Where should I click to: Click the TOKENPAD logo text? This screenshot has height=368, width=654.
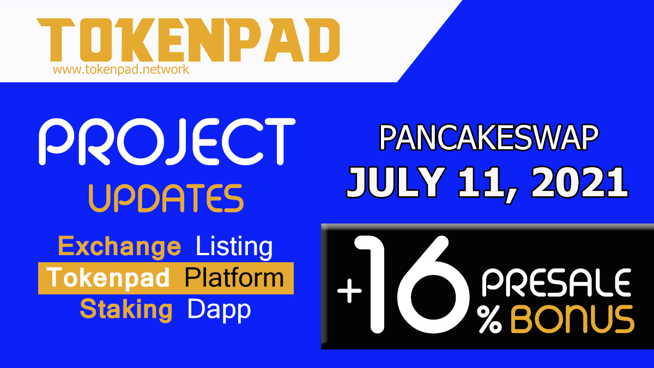(189, 40)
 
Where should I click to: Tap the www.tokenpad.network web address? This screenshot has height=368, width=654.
(121, 70)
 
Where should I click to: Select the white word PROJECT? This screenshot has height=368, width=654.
(167, 142)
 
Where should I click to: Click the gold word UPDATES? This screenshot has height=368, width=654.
(166, 198)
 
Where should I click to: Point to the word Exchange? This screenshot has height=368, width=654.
(119, 248)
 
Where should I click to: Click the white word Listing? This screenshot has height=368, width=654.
(234, 247)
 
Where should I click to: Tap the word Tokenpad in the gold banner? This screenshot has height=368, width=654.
(108, 278)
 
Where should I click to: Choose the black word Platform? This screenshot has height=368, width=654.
(234, 277)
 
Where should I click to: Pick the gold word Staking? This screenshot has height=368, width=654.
(126, 310)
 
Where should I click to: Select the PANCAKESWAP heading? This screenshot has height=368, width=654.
(489, 138)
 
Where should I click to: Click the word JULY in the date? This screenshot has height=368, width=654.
(396, 183)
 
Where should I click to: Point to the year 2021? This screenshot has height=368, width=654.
(579, 183)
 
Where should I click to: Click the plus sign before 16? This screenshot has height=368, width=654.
(349, 291)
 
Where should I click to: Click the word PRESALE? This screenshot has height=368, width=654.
(556, 283)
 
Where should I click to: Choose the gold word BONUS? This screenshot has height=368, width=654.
(572, 319)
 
